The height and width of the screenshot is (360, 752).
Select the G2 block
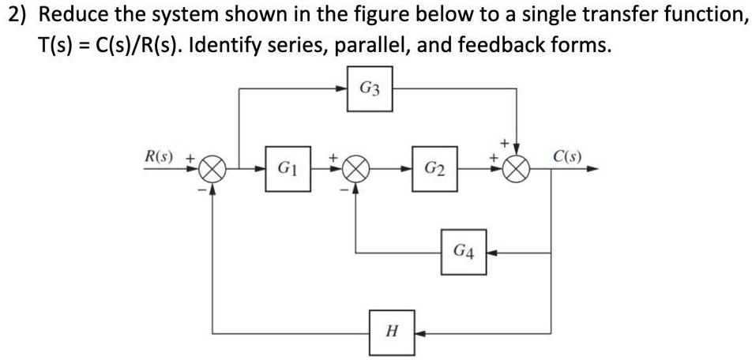(x=434, y=169)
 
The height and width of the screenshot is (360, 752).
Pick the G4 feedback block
(x=464, y=253)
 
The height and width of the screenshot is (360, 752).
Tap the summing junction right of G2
(x=517, y=169)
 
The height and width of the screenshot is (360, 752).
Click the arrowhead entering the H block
(x=418, y=332)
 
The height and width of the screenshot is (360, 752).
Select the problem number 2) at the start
(x=15, y=15)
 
